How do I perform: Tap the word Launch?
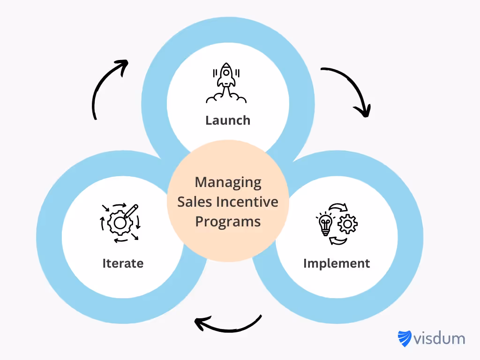pos(228,120)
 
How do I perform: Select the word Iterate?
pos(123,263)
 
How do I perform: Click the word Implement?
pos(337,263)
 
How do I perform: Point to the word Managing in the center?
pos(228,182)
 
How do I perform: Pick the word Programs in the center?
pos(228,221)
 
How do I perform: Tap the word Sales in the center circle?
pos(195,202)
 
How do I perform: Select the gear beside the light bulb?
pos(347,225)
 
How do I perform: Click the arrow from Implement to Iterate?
pos(227,324)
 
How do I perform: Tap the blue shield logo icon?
pos(404,338)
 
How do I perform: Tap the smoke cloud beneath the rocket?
pos(226,97)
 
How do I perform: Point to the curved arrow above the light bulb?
pos(338,207)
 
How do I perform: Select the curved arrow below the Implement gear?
pos(338,241)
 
